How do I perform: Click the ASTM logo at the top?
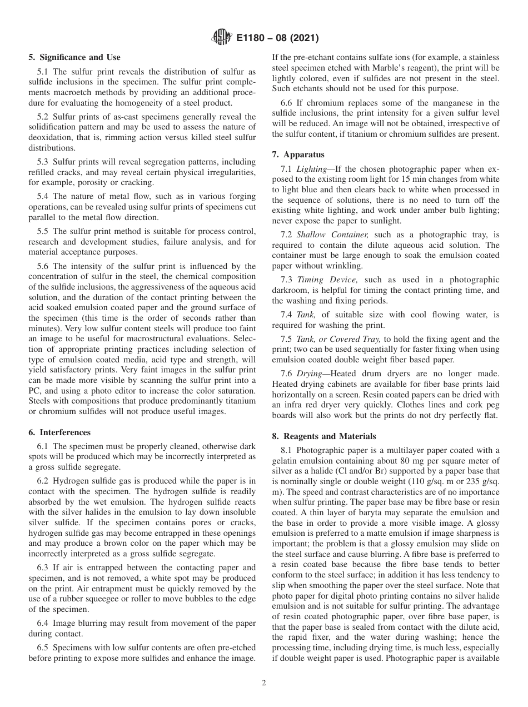point(221,38)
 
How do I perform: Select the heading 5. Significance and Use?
point(74,57)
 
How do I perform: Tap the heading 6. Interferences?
point(59,432)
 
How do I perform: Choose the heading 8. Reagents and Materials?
point(324,436)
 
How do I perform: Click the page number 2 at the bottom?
point(264,683)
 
